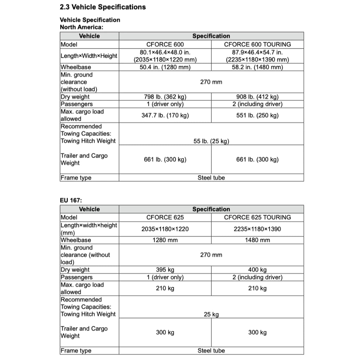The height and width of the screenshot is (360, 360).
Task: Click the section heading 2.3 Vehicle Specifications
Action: [103, 7]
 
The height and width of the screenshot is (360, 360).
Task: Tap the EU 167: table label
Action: [71, 200]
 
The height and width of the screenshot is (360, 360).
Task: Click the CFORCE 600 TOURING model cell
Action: [257, 44]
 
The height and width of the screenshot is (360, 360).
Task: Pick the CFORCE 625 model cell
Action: [165, 217]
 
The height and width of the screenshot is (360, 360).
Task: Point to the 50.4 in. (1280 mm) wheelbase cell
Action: [165, 67]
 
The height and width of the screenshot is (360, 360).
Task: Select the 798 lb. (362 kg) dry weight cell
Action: [165, 97]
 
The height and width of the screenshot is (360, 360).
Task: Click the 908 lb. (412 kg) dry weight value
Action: [257, 97]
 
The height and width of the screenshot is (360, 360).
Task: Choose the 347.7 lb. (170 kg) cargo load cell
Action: [165, 115]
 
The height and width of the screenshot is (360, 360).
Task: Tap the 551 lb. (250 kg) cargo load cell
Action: [257, 115]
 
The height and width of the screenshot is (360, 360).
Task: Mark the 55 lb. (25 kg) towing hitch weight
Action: [211, 141]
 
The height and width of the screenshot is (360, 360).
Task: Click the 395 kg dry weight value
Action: [165, 270]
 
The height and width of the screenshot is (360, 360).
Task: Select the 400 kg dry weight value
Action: [257, 270]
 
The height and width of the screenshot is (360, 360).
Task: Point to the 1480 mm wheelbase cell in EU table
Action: [257, 240]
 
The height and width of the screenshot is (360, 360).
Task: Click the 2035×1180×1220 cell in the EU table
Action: [165, 229]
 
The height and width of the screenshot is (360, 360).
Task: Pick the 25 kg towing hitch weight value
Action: [211, 314]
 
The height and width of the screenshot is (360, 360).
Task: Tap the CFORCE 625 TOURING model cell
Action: [257, 217]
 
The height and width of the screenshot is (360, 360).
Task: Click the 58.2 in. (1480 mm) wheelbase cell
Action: [257, 67]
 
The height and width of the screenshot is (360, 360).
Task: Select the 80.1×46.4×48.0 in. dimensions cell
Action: [165, 56]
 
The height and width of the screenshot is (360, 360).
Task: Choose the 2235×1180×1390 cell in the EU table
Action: [257, 229]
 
